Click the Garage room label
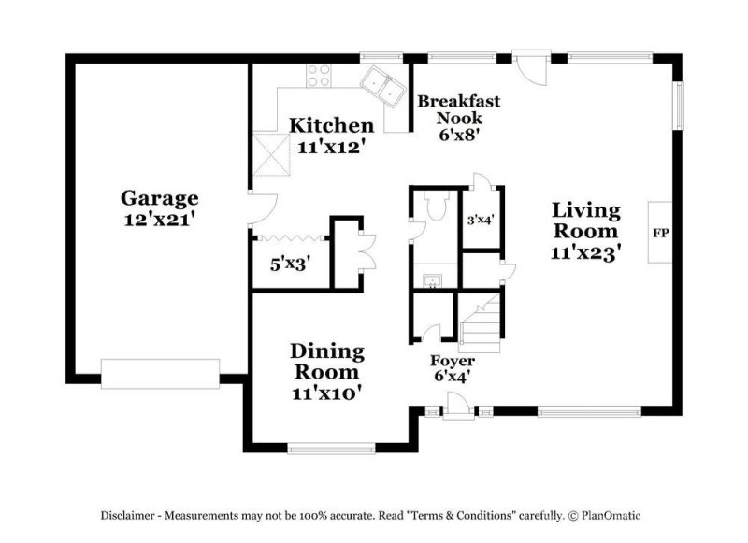pos(159,198)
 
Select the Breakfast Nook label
pos(458,109)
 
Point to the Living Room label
pos(585,220)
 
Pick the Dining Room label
pos(326,362)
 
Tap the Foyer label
pos(452,361)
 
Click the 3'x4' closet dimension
pos(482,221)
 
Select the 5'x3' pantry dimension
pos(290,264)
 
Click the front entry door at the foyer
pos(457,406)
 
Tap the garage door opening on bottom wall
pos(160,373)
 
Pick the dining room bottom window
pos(330,448)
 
